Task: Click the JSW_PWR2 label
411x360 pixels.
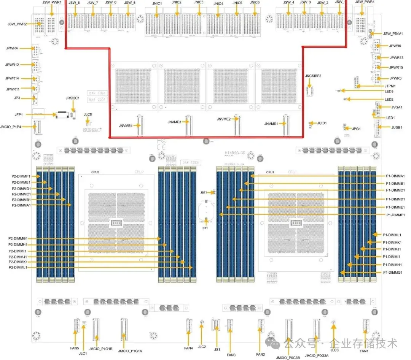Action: coord(17,24)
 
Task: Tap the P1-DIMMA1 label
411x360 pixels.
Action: coord(395,176)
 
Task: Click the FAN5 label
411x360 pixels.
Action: coord(74,348)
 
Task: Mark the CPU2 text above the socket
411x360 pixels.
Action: coord(95,172)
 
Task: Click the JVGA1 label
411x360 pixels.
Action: coord(396,107)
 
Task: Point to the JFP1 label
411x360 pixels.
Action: coord(19,114)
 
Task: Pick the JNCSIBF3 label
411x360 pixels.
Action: coord(313,76)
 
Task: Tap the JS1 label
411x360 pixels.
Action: coord(217,349)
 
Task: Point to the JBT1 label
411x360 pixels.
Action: coord(204,193)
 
